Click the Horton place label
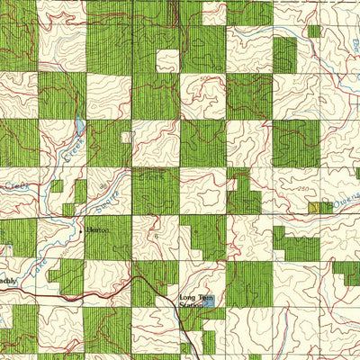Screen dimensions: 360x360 tap(97, 230)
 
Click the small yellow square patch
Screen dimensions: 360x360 tap(315, 207)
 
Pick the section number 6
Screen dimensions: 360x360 tap(155, 236)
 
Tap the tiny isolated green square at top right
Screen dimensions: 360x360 tap(314, 31)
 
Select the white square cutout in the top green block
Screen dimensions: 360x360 tap(167, 60)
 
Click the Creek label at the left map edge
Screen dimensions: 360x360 tap(13, 185)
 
